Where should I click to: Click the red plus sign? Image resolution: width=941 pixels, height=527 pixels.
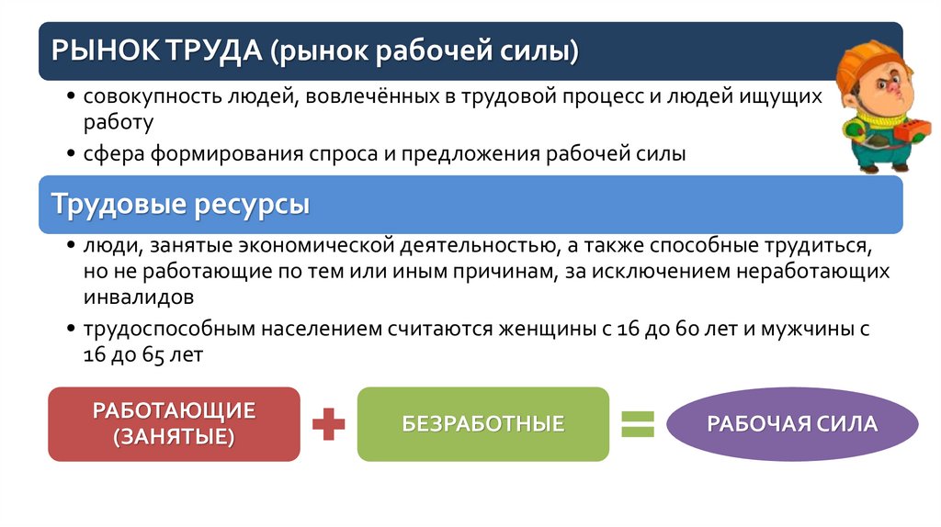click(x=328, y=424)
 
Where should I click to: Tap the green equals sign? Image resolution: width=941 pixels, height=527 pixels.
click(x=638, y=423)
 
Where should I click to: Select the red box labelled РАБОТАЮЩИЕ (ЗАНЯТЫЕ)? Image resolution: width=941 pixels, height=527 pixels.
click(x=174, y=423)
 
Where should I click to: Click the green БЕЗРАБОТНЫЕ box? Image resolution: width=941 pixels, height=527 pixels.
click(x=482, y=424)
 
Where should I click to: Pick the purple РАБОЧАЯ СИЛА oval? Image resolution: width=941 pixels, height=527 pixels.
click(x=792, y=424)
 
